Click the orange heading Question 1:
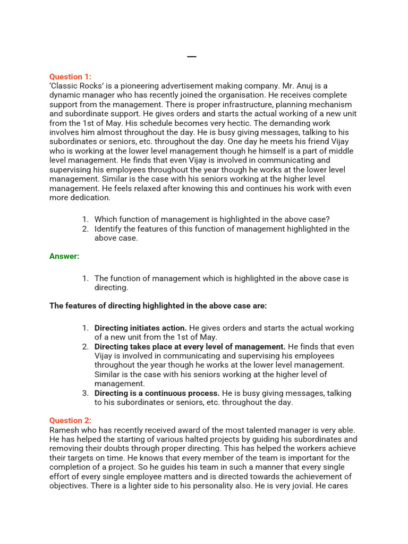pyautogui.click(x=70, y=76)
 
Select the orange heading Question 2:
pyautogui.click(x=70, y=420)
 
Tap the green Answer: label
pyautogui.click(x=64, y=256)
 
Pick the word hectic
pyautogui.click(x=235, y=123)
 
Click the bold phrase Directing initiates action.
pyautogui.click(x=141, y=328)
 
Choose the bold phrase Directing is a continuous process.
pyautogui.click(x=157, y=393)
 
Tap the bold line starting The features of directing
pyautogui.click(x=158, y=306)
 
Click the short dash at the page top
pyautogui.click(x=192, y=57)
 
